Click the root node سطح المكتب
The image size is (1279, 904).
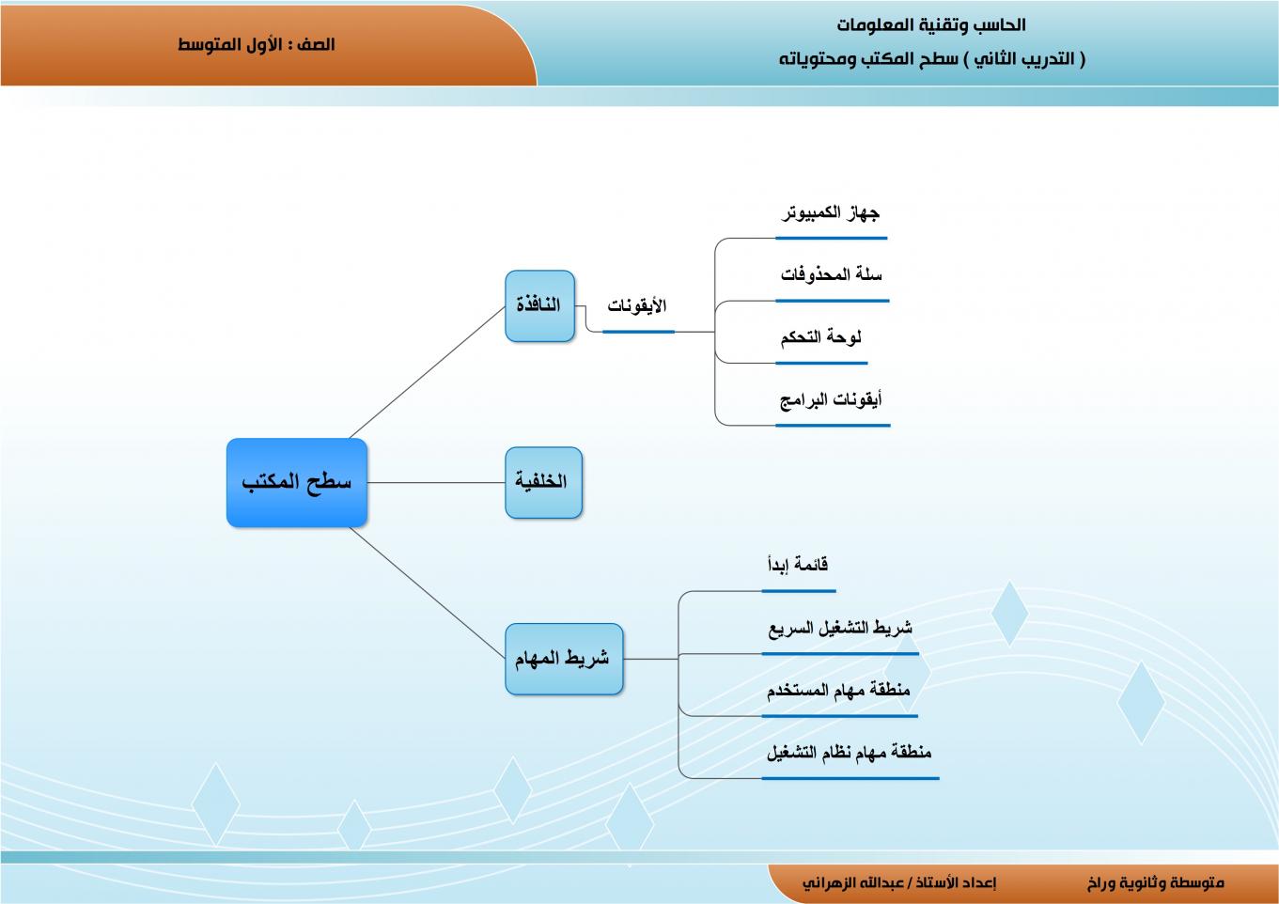click(297, 483)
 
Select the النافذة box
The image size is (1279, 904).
click(539, 306)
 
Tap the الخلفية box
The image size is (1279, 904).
click(543, 483)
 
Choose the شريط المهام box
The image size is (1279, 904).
click(564, 659)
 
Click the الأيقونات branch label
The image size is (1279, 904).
click(636, 306)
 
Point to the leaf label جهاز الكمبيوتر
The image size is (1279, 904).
click(830, 213)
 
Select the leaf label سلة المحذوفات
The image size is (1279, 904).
click(832, 274)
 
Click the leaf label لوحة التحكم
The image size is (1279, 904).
click(821, 337)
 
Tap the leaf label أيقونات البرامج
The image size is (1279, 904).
click(832, 399)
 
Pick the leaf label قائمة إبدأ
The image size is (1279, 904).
click(798, 565)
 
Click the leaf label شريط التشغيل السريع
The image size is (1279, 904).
click(840, 628)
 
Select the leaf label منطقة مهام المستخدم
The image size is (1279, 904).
click(838, 690)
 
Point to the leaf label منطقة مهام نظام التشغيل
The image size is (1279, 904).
click(849, 752)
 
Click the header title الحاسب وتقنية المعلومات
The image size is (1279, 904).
click(931, 25)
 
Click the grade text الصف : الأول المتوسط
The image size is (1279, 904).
click(256, 44)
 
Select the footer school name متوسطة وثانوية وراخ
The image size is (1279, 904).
click(1156, 883)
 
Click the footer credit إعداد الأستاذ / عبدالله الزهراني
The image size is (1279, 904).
click(899, 883)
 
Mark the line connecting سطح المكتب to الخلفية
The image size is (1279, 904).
click(436, 483)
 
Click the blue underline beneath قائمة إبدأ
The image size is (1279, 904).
click(799, 591)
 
